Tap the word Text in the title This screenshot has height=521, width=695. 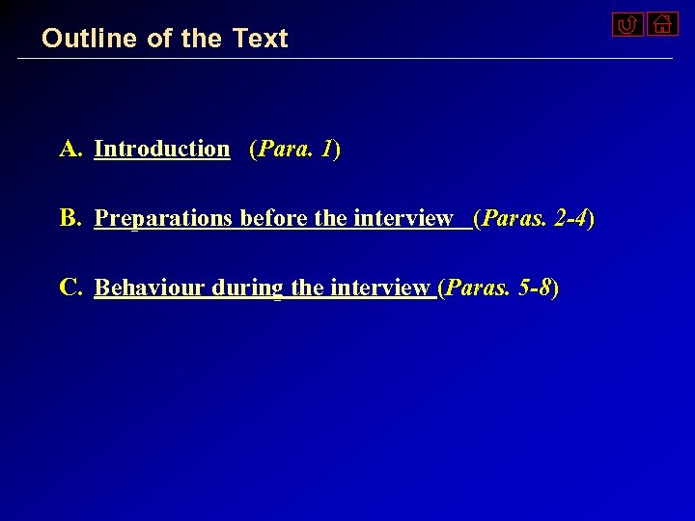(x=260, y=39)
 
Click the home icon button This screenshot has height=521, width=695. (x=662, y=23)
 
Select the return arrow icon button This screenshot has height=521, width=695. (x=627, y=24)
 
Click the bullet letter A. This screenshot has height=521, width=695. (x=71, y=149)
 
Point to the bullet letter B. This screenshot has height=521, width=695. (x=70, y=218)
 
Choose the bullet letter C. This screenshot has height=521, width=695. (x=70, y=288)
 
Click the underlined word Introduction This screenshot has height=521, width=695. (x=162, y=149)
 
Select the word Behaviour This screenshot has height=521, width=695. (x=150, y=288)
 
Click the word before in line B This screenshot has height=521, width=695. (x=274, y=219)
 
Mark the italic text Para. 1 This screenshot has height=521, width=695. (x=294, y=150)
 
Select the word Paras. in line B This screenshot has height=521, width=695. (x=514, y=219)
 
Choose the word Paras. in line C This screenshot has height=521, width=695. (x=478, y=288)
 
